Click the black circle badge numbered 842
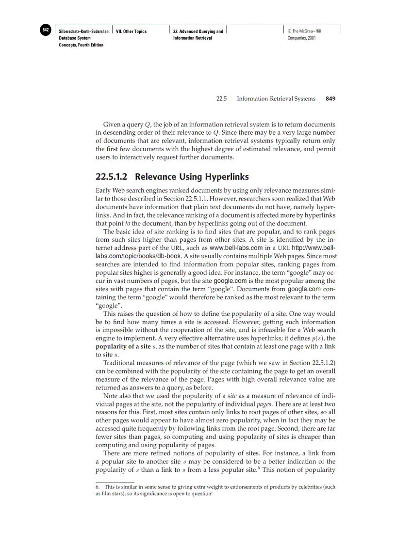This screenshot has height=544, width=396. click(46, 30)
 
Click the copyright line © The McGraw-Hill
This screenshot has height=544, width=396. click(304, 31)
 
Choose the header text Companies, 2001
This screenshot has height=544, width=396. click(302, 38)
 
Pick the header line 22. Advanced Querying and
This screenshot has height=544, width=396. click(198, 31)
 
